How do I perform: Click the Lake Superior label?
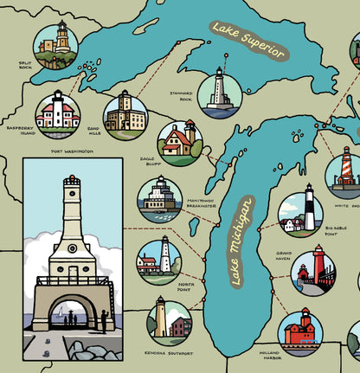tap(247, 40)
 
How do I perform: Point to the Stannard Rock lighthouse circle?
tap(220, 93)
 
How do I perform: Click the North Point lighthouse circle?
tap(159, 260)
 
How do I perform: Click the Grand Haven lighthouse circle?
tap(312, 272)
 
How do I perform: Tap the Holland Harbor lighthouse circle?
tap(300, 332)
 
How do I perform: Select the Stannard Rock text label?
tap(181, 95)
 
